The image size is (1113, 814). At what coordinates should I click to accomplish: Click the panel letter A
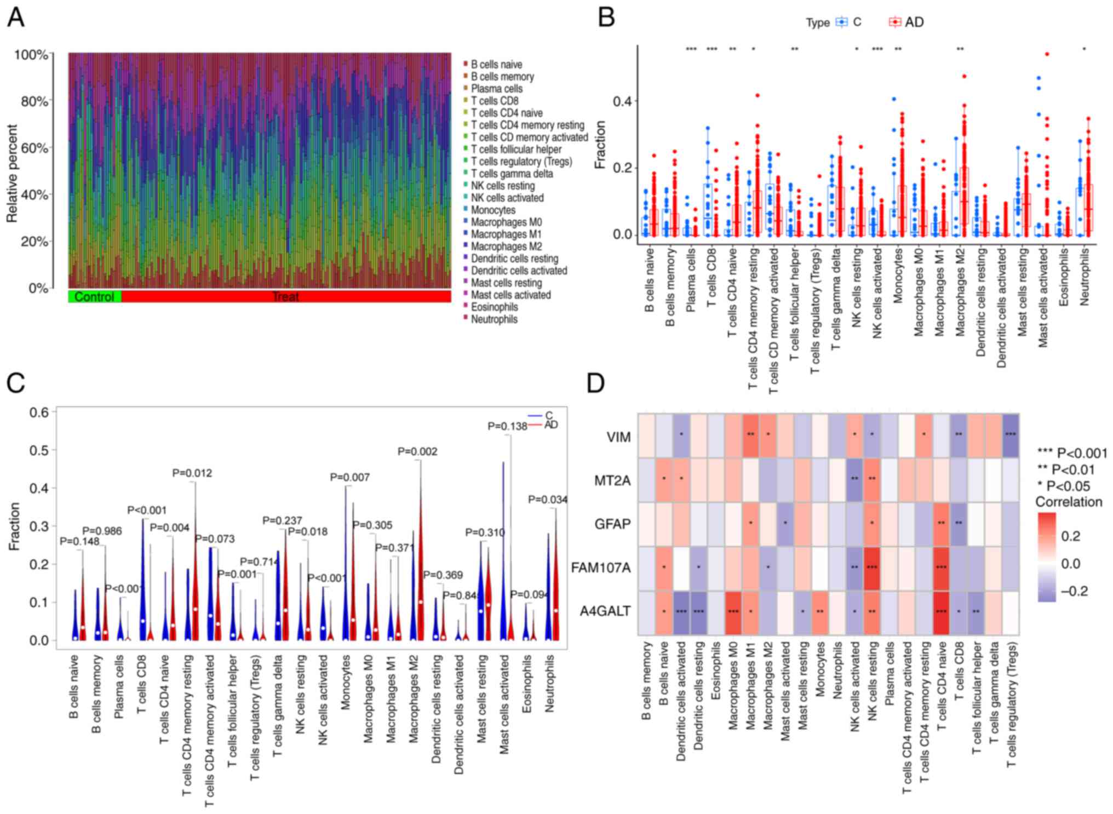coord(15,18)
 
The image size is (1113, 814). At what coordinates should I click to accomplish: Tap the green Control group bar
coord(94,297)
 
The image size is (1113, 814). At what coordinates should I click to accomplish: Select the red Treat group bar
coord(286,297)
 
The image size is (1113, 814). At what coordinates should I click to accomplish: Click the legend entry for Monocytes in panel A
coord(492,210)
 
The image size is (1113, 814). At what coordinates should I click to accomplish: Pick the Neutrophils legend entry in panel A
coord(494,319)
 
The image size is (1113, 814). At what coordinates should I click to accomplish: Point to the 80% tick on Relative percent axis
coord(35,101)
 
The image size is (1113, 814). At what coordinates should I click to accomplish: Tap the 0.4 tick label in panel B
coord(622,101)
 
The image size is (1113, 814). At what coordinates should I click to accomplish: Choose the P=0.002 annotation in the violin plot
coord(417,451)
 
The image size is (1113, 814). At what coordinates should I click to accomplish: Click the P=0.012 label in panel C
coord(192,473)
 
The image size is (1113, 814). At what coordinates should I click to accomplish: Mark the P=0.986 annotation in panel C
coord(102,531)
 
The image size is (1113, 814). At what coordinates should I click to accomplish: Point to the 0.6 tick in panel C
coord(39,412)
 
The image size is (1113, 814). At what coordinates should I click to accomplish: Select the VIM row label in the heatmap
coord(618,437)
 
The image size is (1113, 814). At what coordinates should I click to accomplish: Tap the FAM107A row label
coord(601,567)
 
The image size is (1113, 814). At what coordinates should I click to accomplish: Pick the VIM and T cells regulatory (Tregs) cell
coord(1011,436)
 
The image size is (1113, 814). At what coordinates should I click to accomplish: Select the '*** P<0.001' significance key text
coord(1072,453)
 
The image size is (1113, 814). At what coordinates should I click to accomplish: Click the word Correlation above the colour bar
coord(1069,502)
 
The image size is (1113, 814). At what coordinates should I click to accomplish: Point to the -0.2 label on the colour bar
coord(1074,591)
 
